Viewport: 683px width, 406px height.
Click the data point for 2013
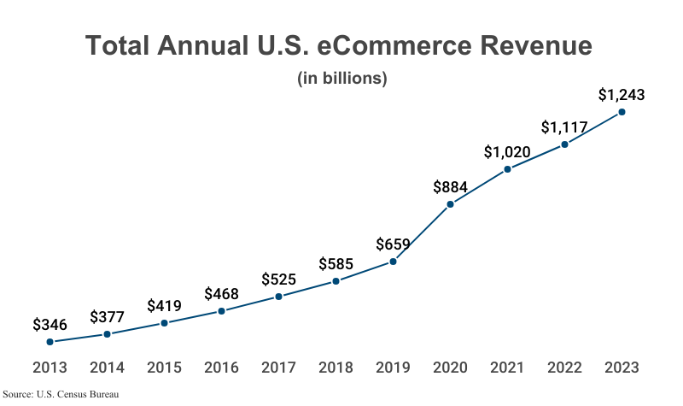50,342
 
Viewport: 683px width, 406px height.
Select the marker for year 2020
450,204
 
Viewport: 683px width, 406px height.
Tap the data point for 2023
622,112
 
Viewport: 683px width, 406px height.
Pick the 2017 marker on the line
278,297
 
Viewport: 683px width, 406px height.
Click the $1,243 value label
621,94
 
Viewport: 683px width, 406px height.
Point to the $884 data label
450,186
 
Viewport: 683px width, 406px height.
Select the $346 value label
50,325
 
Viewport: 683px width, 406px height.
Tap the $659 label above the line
393,244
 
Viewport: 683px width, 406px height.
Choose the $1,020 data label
507,152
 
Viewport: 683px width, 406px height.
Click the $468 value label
221,294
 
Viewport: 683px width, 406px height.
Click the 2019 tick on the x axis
393,368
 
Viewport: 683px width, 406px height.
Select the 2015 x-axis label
164,368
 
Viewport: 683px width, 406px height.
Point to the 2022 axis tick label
564,368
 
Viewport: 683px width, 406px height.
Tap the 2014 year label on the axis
107,368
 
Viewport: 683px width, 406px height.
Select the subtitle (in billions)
342,78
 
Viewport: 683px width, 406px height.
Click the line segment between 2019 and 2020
422,232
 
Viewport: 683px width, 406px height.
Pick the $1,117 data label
564,127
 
